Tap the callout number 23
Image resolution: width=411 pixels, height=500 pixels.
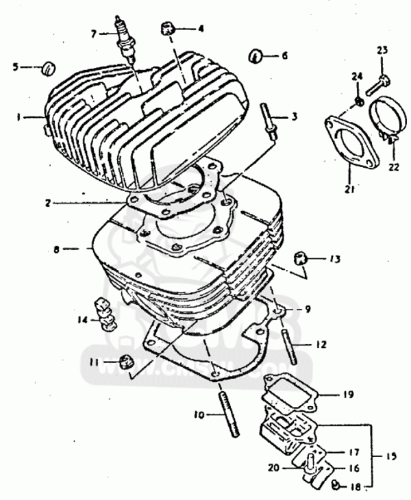(382, 50)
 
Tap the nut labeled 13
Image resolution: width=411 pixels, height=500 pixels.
(299, 258)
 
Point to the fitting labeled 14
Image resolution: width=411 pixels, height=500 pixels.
(103, 314)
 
